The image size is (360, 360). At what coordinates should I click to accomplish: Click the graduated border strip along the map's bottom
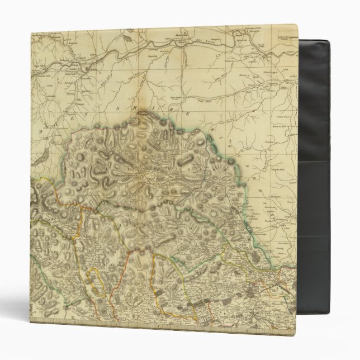(112, 323)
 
